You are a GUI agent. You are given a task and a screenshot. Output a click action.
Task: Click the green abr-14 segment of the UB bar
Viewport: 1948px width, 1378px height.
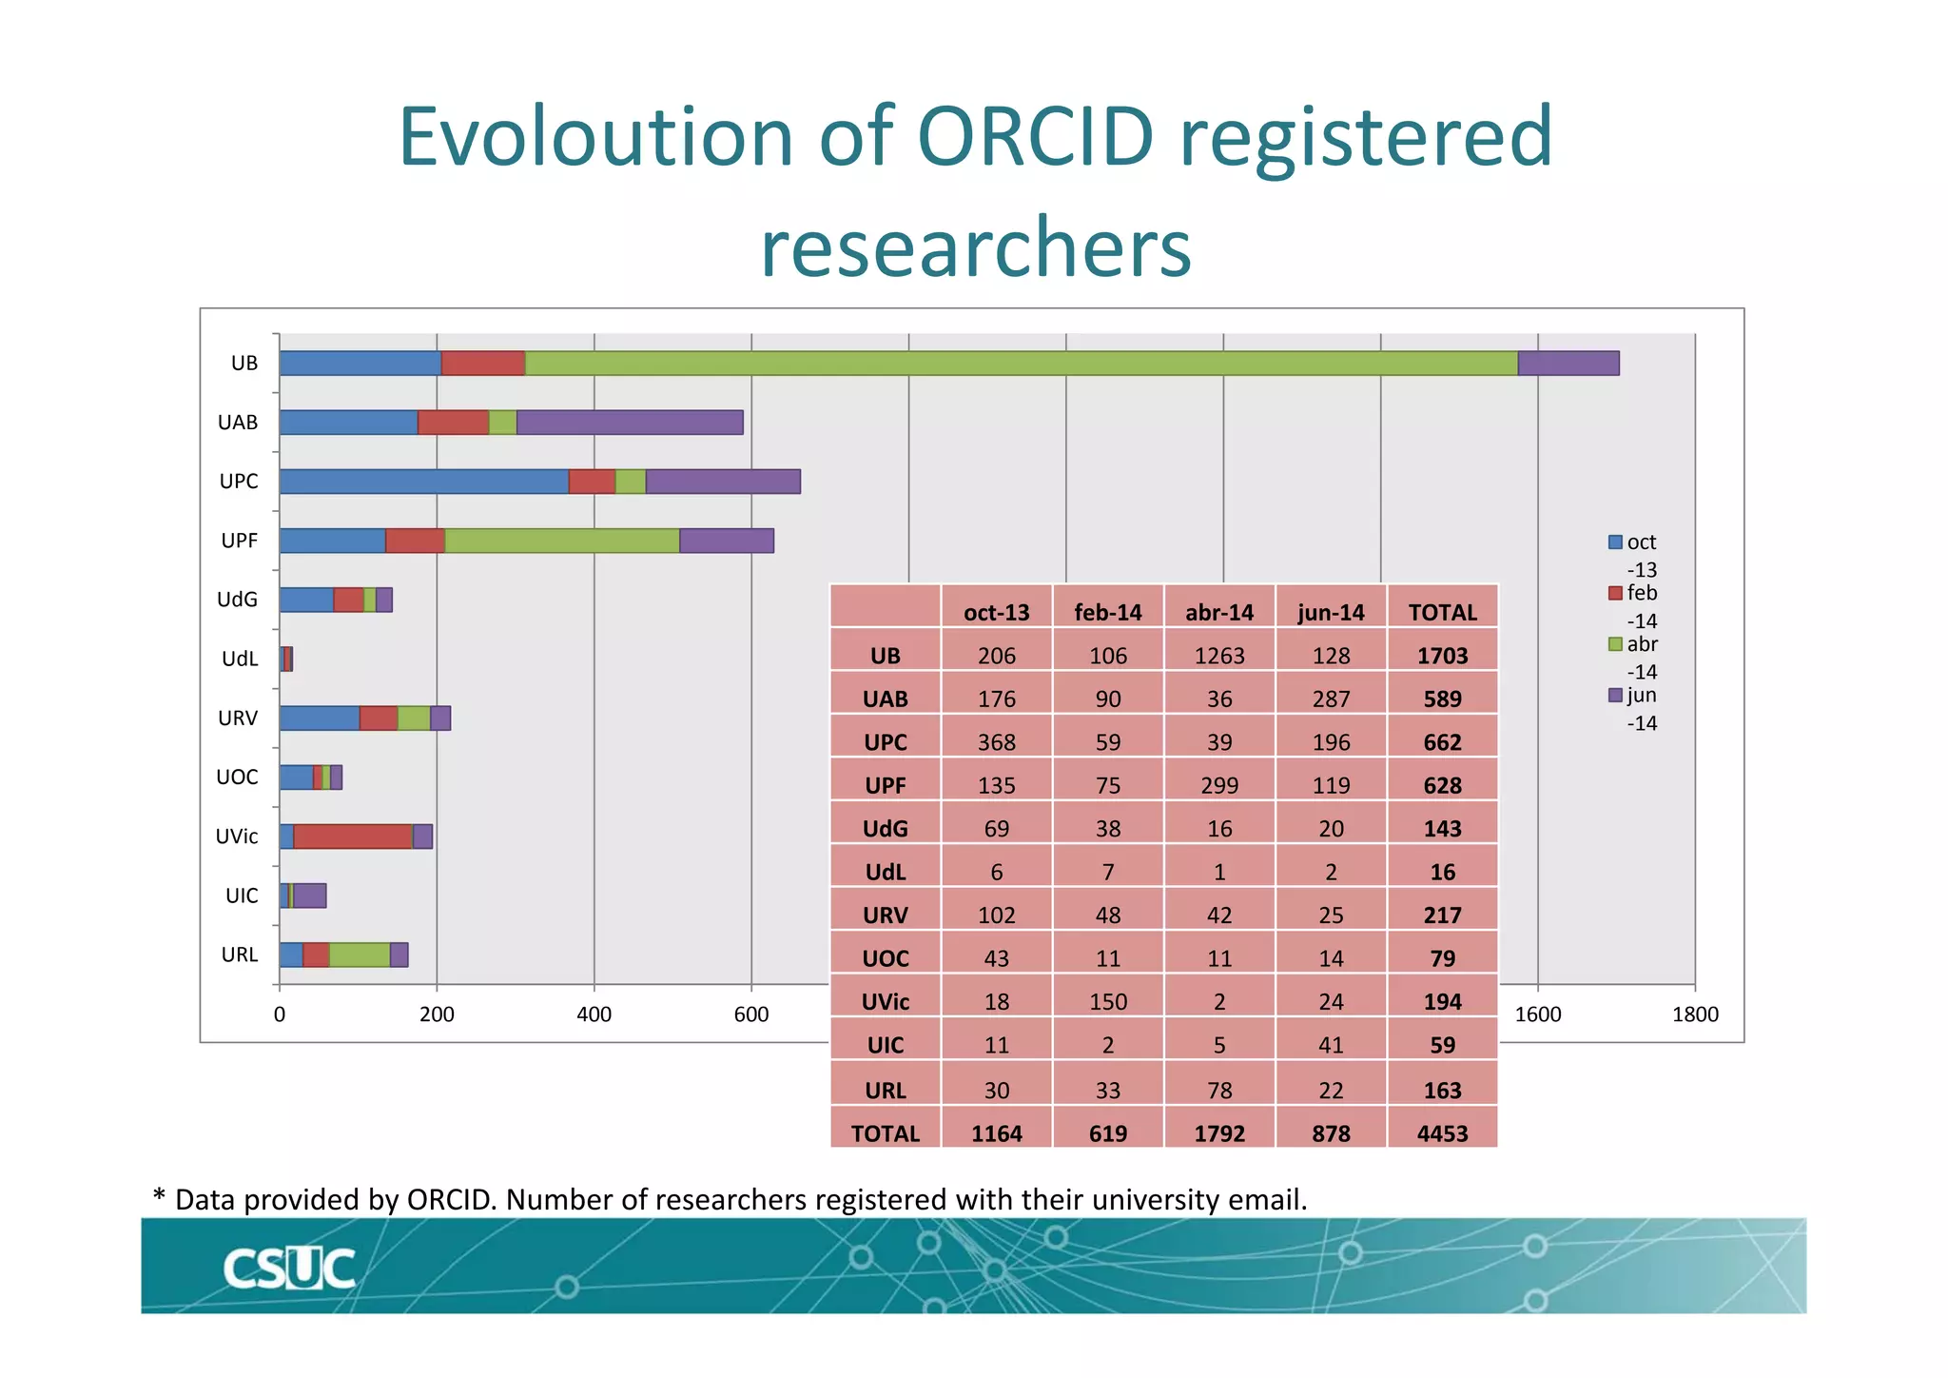tap(1021, 364)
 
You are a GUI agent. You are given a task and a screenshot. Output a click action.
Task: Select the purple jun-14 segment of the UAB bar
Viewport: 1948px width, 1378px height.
tap(629, 423)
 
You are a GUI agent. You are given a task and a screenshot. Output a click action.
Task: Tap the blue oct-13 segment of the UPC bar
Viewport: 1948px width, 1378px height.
tap(423, 482)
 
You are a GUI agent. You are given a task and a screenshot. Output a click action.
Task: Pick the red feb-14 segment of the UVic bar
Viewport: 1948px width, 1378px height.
tap(353, 837)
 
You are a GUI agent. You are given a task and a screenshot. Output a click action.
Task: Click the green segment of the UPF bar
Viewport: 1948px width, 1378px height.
tap(562, 541)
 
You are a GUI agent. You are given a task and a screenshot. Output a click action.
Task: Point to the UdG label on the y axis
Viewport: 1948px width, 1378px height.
tap(237, 600)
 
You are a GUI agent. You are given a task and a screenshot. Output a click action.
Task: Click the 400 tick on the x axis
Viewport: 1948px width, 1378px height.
tap(594, 1014)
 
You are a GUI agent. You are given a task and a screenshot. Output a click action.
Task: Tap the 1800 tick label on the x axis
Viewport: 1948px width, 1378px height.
tap(1694, 1014)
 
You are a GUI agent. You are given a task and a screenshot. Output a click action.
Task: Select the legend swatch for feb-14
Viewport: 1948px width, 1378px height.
tap(1615, 593)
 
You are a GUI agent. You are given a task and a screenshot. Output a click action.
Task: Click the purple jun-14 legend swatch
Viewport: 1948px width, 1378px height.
tap(1615, 696)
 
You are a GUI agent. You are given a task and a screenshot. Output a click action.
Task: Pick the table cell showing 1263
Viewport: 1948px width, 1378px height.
tap(1219, 656)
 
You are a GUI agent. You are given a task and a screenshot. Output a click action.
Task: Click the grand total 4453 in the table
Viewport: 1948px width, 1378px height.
tap(1442, 1133)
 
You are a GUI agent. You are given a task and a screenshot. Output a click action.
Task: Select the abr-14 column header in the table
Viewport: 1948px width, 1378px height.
tap(1219, 612)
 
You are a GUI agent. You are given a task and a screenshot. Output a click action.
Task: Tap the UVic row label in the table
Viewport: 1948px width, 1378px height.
tap(885, 1002)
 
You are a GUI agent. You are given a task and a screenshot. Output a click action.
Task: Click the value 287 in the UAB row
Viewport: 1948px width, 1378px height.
tap(1331, 699)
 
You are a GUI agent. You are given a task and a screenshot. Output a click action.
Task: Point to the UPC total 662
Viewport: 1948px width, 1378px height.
tap(1442, 742)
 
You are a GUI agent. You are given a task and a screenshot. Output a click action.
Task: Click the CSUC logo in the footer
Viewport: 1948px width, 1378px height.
tap(289, 1269)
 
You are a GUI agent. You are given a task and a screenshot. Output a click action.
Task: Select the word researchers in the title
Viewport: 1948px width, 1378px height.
tap(975, 246)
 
